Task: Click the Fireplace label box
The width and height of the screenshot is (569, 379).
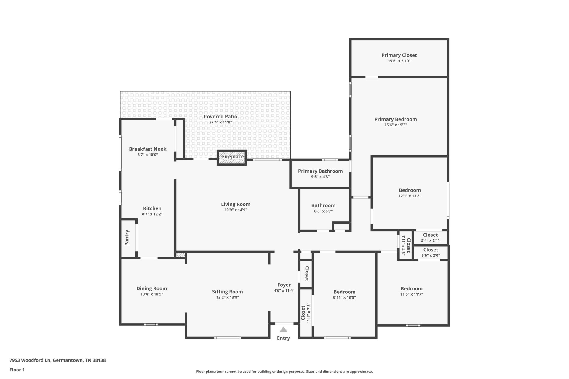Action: pos(232,158)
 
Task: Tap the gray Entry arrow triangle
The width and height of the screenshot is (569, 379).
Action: pos(284,329)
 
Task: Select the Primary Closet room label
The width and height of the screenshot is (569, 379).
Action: pos(399,55)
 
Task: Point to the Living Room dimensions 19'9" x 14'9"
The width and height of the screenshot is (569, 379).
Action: pos(236,210)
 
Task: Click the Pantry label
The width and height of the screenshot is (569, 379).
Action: pos(127,237)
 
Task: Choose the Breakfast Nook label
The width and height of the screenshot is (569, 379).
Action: pos(148,149)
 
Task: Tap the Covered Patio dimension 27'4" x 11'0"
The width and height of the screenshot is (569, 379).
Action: pos(220,122)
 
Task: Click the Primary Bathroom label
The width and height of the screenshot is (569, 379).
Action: pos(320,171)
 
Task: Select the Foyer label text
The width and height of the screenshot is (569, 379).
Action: pos(284,285)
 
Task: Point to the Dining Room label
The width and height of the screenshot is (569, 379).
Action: pos(152,288)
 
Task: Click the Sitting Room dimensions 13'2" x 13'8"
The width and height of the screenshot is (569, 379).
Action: pos(228,297)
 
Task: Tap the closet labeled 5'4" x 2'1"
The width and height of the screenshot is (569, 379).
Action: pos(430,237)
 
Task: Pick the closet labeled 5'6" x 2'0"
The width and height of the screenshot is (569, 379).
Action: pos(431,253)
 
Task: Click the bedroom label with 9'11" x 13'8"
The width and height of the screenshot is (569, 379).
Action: pos(344,292)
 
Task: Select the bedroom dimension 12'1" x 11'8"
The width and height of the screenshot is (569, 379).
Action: pos(410,196)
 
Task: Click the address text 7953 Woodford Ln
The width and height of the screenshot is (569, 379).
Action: pos(30,360)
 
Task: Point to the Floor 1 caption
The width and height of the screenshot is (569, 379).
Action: pos(17,370)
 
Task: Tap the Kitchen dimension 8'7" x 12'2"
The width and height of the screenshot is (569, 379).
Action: pos(152,214)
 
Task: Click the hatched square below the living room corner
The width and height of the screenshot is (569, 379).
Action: pos(180,255)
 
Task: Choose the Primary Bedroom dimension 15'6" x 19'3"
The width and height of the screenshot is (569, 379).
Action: pos(396,125)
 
